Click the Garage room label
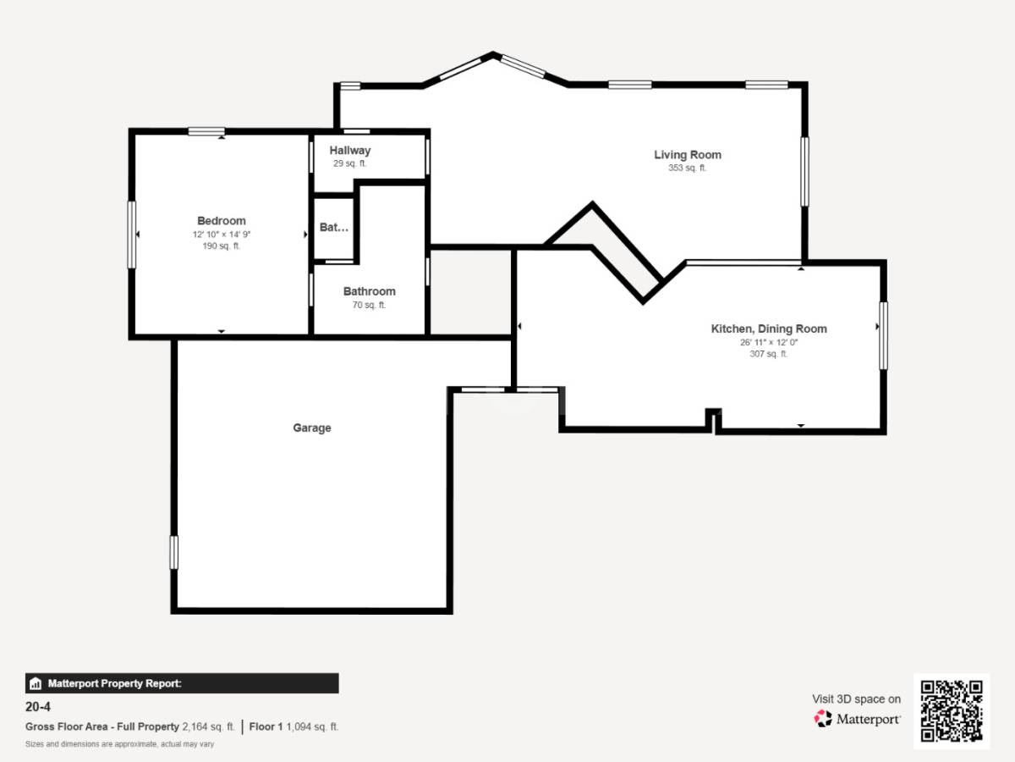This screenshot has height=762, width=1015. click(312, 428)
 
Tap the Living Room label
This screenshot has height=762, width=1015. click(688, 155)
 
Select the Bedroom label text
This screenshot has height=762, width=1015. click(222, 221)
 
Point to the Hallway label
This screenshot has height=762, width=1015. click(350, 151)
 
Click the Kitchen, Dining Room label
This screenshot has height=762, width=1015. click(769, 329)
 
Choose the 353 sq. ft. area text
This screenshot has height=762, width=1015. click(688, 168)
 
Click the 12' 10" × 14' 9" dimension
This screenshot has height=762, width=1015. click(222, 234)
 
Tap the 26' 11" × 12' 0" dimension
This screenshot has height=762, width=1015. click(769, 342)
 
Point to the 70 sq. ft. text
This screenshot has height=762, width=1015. click(369, 305)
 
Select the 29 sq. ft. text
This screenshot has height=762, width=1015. click(350, 163)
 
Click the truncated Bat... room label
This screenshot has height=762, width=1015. click(334, 228)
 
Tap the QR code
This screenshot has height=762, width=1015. click(952, 711)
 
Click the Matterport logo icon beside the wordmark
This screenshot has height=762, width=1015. click(823, 719)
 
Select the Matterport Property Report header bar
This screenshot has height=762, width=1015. click(182, 683)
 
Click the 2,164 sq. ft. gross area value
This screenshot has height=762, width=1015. click(208, 726)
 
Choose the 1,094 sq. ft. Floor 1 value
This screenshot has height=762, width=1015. click(312, 726)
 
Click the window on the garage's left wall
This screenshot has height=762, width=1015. click(174, 552)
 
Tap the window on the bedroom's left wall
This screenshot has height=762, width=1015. click(132, 235)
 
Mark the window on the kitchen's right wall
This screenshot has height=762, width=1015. click(883, 335)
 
